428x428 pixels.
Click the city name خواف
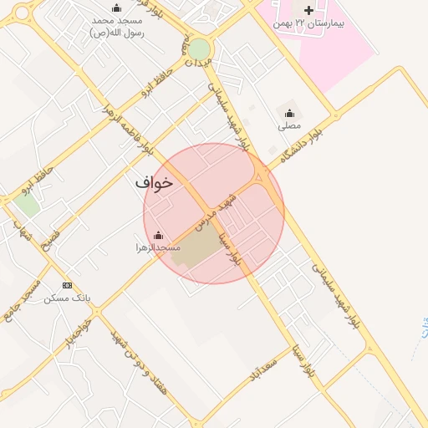[x=153, y=181]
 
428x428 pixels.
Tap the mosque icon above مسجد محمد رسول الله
[x=116, y=8]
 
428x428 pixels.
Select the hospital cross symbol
[x=309, y=11]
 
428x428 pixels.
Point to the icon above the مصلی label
[x=289, y=113]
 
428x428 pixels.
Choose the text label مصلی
[x=289, y=126]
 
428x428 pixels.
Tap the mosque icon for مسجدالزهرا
[x=158, y=236]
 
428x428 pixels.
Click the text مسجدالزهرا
[x=158, y=248]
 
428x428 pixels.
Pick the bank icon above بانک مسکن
[x=67, y=285]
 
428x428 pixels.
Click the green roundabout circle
[x=199, y=50]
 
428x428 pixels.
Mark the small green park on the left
[x=26, y=204]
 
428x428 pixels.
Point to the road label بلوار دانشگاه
[x=302, y=140]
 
